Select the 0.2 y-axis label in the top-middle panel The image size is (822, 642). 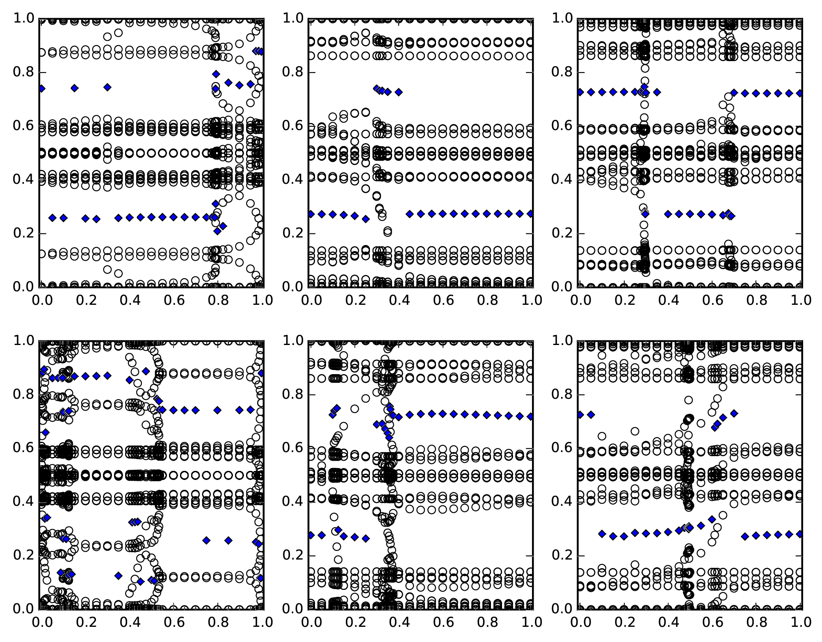click(292, 233)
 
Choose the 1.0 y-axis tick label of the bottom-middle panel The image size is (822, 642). click(292, 341)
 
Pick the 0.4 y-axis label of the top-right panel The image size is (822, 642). click(562, 180)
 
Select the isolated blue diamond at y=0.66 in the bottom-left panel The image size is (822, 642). click(46, 432)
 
